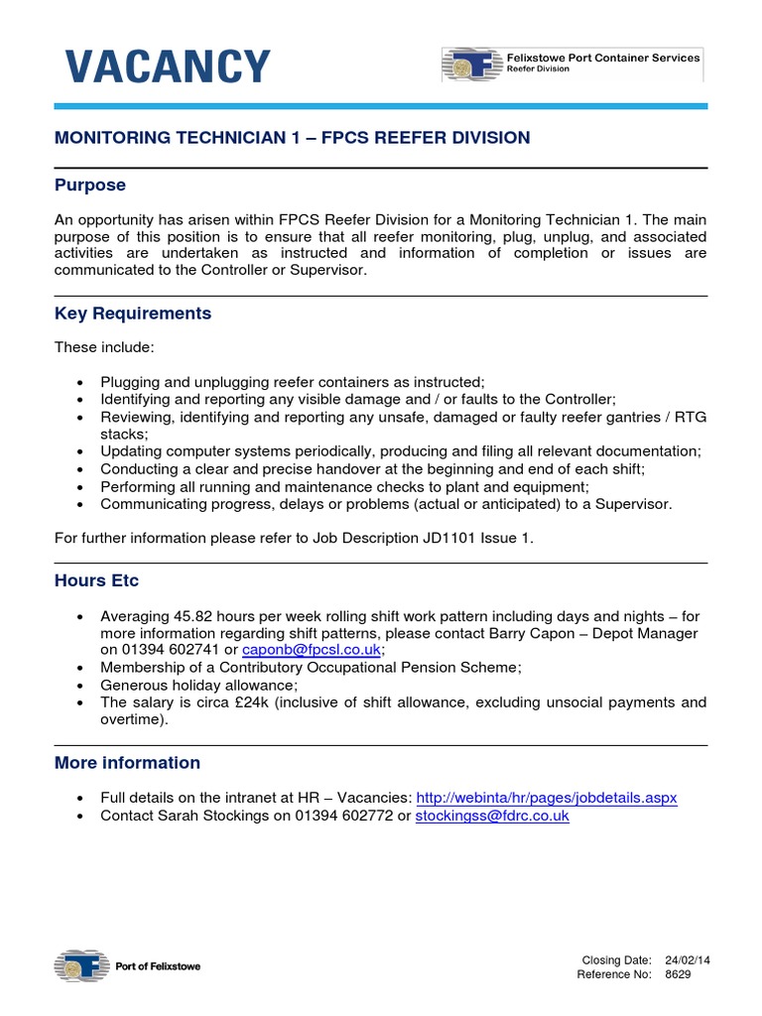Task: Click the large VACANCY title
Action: click(167, 67)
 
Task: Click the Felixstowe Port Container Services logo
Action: click(571, 64)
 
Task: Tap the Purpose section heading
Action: click(90, 186)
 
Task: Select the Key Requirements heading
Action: click(133, 314)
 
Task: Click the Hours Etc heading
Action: click(97, 580)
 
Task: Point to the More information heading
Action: click(127, 763)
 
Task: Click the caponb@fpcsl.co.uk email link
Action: click(312, 650)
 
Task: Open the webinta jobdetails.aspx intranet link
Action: click(547, 798)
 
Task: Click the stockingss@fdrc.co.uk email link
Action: click(492, 816)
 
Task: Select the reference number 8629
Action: click(678, 974)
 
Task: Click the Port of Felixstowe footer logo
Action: click(127, 965)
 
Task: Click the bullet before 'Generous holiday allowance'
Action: click(80, 685)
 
